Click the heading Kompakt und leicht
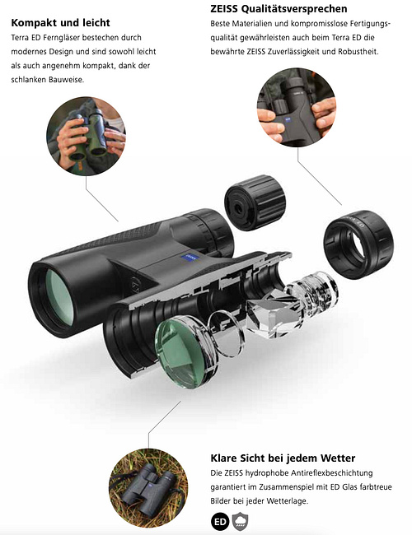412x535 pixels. pos(60,23)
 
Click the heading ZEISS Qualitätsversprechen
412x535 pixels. pos(279,9)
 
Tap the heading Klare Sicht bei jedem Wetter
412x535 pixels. pos(283,458)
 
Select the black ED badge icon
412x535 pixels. pos(220,521)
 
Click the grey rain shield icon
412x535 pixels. pos(240,521)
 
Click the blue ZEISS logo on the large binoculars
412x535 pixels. pos(186,258)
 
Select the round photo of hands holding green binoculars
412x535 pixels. pos(86,136)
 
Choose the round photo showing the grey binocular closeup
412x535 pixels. pos(297,108)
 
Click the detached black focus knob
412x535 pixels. pos(255,202)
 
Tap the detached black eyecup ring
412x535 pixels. pos(358,244)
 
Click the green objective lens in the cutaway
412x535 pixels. pos(185,352)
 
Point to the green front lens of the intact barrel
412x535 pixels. pos(59,297)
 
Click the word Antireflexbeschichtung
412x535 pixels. pos(332,473)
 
